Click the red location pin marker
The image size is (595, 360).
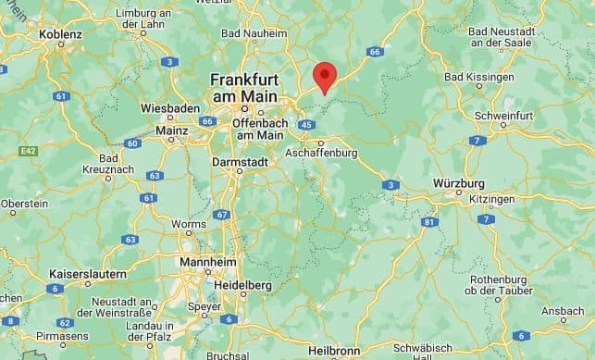[324, 76]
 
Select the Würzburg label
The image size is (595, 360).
[458, 183]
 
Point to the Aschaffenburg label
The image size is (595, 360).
[321, 152]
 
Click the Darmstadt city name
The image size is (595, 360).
[240, 161]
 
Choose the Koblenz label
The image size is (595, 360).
[60, 34]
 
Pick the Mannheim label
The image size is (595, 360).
[206, 262]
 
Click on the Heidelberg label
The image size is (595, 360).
[242, 285]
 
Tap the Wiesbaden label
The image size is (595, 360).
[170, 108]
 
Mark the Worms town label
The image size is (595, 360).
[189, 224]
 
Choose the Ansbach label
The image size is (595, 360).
[563, 311]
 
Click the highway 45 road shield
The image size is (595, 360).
[306, 124]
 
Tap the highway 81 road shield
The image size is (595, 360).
[428, 221]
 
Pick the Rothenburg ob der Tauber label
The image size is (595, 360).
[498, 285]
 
